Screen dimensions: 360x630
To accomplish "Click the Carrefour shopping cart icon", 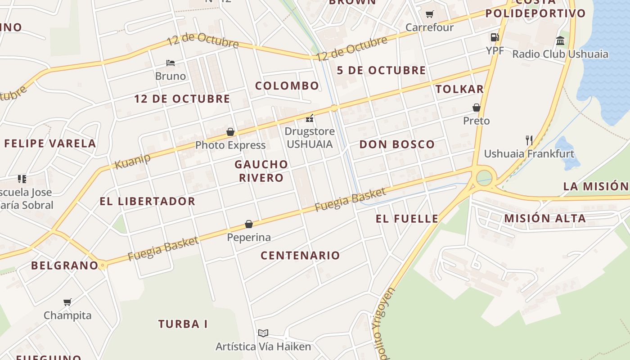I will click(429, 14).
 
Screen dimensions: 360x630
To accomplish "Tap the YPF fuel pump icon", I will click(495, 37).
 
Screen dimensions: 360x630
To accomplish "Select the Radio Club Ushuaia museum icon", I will click(560, 41).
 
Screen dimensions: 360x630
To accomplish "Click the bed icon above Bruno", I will click(171, 63).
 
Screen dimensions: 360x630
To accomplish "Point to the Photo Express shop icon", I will click(230, 132).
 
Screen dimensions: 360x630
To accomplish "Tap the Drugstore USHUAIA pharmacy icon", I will click(310, 118).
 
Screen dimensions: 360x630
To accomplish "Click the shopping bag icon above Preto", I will click(476, 108).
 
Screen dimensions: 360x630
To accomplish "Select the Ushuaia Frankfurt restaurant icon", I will click(529, 140).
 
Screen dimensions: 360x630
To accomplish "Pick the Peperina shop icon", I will click(249, 224).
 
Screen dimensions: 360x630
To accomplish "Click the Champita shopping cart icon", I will click(67, 302).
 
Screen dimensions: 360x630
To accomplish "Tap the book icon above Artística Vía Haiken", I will click(263, 333).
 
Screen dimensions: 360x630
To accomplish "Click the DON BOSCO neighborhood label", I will click(397, 144).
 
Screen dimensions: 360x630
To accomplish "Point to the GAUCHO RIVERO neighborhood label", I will click(261, 171).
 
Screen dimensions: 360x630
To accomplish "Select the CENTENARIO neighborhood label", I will click(300, 256).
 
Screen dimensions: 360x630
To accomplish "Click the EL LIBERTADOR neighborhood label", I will click(148, 201).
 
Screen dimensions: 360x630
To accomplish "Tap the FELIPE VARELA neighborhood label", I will click(50, 144).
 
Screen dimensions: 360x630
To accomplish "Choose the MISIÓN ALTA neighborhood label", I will click(545, 219).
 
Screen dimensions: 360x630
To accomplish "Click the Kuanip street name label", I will click(132, 160).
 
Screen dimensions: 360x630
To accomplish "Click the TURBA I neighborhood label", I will click(183, 324).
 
